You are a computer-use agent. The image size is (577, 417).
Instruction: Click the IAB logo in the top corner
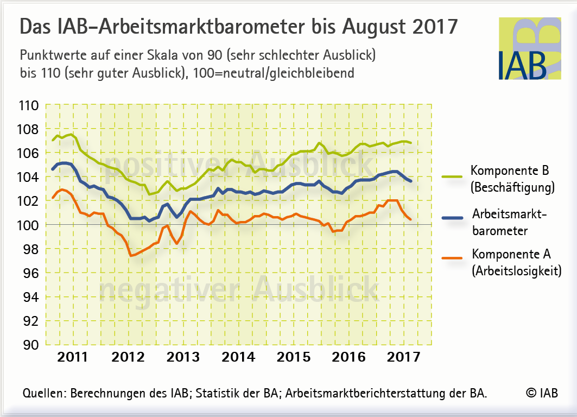pos(529,49)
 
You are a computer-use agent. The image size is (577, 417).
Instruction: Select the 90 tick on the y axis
pos(30,344)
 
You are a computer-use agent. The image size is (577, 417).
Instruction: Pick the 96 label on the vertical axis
pos(30,273)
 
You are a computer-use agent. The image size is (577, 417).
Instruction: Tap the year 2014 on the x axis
pos(239,357)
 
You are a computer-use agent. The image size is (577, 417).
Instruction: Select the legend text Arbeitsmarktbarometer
pos(509,223)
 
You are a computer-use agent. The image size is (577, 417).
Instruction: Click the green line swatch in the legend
pos(453,176)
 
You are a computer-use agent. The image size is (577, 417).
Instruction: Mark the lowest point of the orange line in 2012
pos(131,255)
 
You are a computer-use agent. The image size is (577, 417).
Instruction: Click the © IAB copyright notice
pos(541,394)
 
